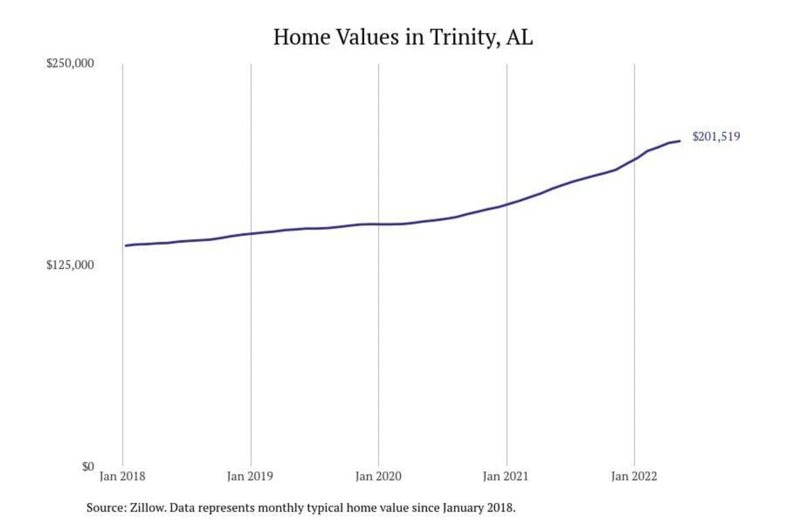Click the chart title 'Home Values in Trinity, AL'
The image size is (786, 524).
coord(403,37)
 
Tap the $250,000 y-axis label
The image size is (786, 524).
coord(71,64)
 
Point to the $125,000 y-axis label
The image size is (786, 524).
coord(71,265)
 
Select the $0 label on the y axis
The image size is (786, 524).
coord(87,466)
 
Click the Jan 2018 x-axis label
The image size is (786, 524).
coord(123,477)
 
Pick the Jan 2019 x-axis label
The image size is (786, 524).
coord(251,477)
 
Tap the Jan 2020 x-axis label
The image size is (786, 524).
coord(379,477)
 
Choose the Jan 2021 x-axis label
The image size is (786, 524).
coord(506,477)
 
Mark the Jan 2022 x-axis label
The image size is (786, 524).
coord(634,477)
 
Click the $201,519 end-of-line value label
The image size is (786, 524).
coord(716,137)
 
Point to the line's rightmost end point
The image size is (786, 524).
coord(680,141)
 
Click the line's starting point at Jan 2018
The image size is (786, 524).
coord(125,246)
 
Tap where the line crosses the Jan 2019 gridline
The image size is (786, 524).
coord(251,234)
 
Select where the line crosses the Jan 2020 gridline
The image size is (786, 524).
coord(379,224)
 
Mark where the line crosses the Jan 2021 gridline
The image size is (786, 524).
coord(506,204)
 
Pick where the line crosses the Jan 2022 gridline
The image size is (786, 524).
coord(634,159)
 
